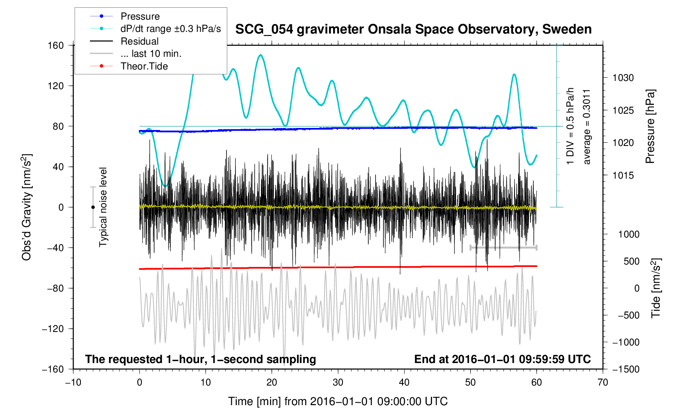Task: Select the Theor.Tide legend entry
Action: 129,66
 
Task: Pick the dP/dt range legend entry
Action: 155,29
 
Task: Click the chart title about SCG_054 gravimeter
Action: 413,29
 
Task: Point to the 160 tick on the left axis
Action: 56,46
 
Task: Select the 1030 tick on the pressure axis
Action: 623,78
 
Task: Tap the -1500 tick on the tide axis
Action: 626,369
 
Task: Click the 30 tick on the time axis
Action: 338,382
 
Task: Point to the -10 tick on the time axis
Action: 74,382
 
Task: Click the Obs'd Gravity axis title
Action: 27,207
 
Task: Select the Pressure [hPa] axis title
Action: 650,126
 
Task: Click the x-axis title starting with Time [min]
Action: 338,401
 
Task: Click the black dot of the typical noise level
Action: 93,207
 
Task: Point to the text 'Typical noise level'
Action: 103,207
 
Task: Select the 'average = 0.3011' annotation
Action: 587,127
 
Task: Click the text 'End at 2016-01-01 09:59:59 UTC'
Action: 502,359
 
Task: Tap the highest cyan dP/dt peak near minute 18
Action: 260,55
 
